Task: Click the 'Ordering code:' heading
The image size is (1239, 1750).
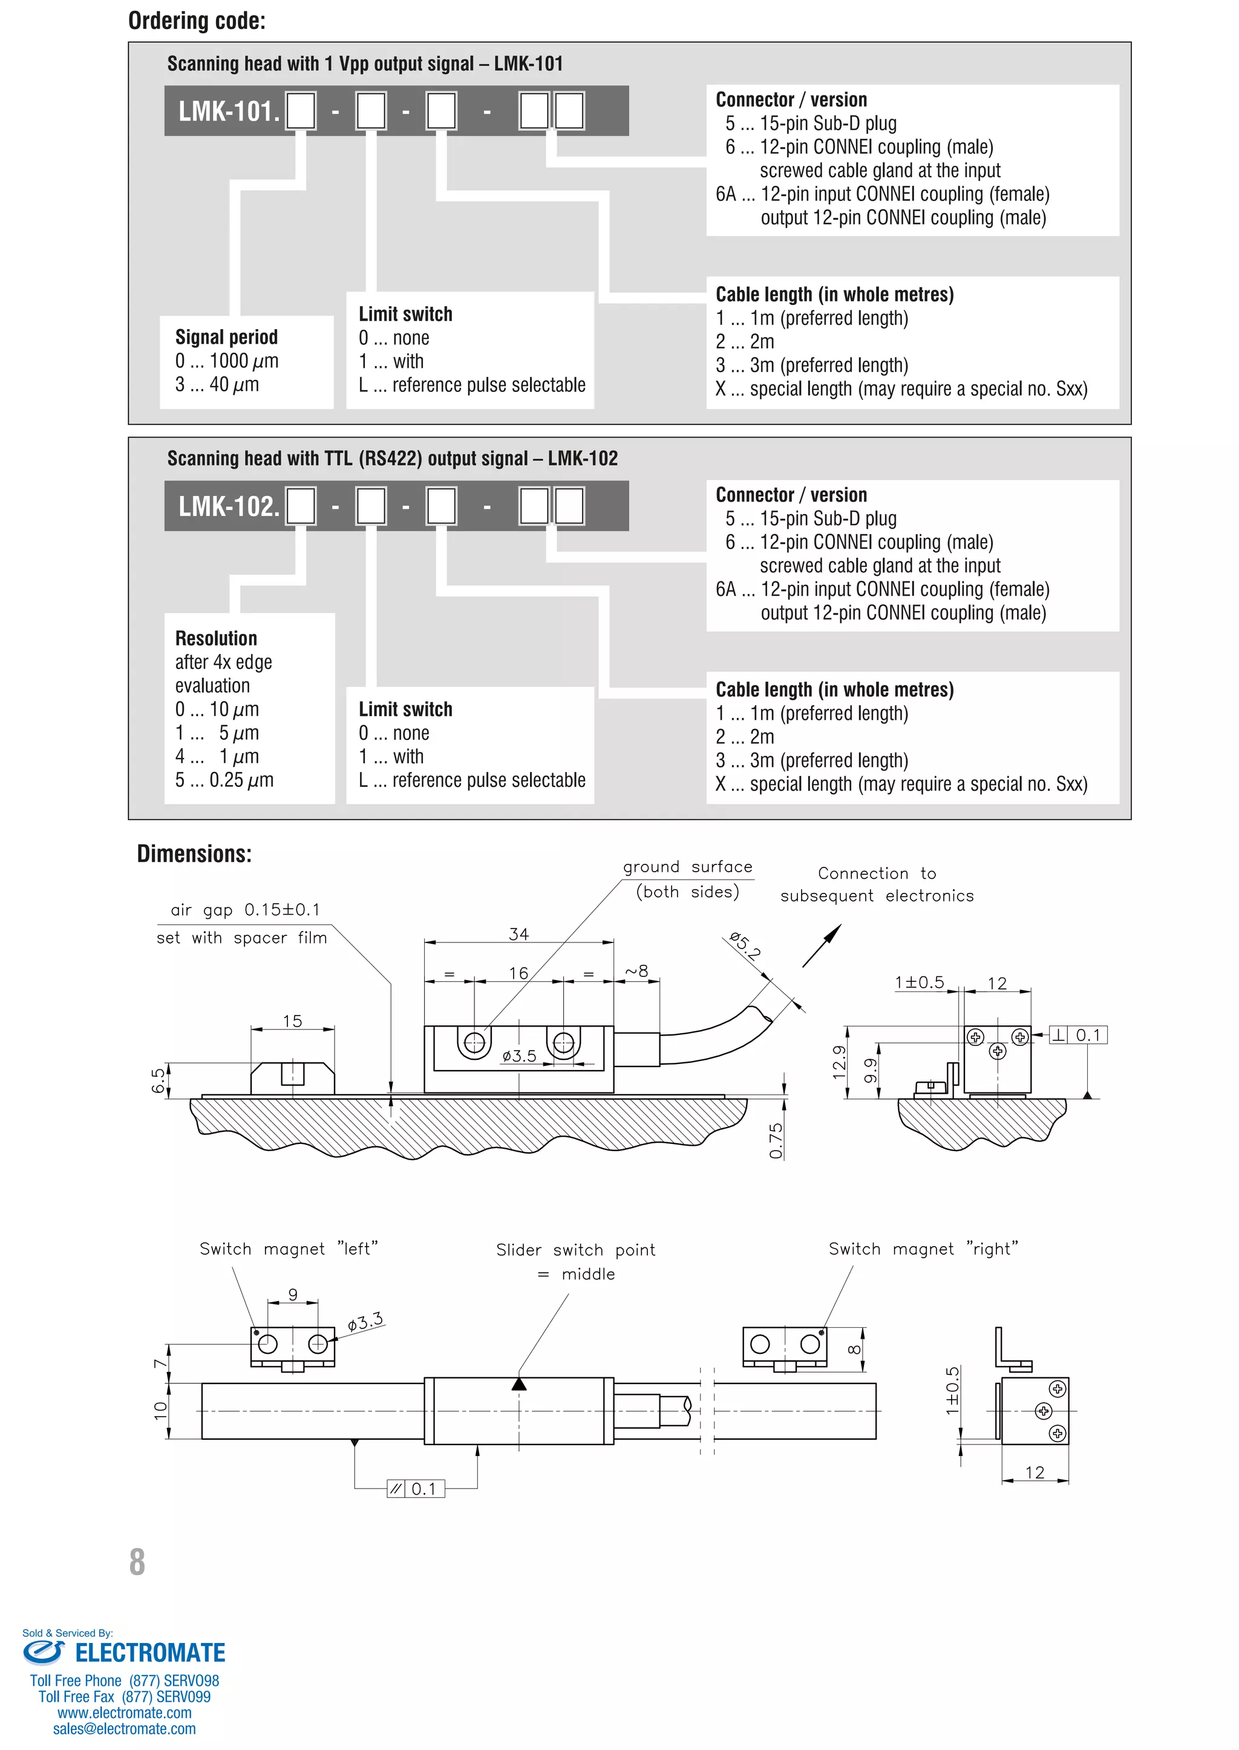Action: [197, 21]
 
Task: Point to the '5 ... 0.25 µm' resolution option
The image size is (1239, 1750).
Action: [224, 780]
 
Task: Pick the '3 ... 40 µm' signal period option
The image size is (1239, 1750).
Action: [217, 385]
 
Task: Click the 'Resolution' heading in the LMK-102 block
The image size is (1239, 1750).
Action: [216, 639]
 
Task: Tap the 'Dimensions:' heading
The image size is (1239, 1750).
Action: [194, 854]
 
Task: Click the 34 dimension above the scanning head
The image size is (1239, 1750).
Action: [519, 934]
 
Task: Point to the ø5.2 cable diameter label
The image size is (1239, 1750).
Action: [745, 945]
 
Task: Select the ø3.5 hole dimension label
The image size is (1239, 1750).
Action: [519, 1056]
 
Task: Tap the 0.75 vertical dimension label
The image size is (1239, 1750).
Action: [776, 1140]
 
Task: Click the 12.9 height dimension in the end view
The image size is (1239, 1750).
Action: [839, 1062]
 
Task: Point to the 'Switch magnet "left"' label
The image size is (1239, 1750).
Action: [289, 1249]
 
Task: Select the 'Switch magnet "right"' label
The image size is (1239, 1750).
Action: [923, 1249]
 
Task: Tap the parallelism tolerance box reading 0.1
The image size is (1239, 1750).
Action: [415, 1488]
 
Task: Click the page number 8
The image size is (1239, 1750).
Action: [137, 1562]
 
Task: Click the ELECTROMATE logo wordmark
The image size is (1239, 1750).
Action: [149, 1653]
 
